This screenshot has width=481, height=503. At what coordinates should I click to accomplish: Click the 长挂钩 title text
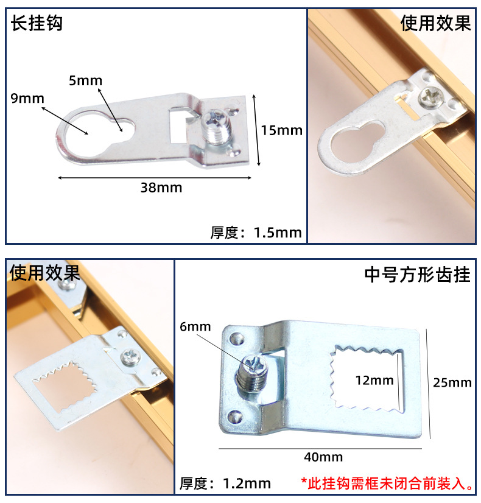point(37,24)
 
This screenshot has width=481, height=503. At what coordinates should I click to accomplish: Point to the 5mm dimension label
point(85,80)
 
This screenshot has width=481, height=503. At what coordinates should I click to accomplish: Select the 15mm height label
point(281,130)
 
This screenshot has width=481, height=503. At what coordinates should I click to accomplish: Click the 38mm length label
point(161,188)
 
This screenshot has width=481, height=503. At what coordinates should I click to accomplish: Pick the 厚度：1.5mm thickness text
point(256,232)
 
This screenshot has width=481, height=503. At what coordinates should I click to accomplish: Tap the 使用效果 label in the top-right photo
point(435,24)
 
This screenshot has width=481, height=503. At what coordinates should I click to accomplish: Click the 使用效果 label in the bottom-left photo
point(44,273)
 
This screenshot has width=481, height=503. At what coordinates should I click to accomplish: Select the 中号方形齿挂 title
point(417,275)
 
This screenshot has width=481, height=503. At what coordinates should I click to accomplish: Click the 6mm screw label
point(195,327)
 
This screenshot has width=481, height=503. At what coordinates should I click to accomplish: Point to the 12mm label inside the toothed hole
point(374,381)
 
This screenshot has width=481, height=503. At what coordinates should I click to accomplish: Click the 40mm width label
point(323,457)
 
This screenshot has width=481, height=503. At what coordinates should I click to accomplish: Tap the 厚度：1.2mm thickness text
point(225,484)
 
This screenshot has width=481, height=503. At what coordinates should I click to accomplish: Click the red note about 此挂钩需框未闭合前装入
point(387,484)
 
